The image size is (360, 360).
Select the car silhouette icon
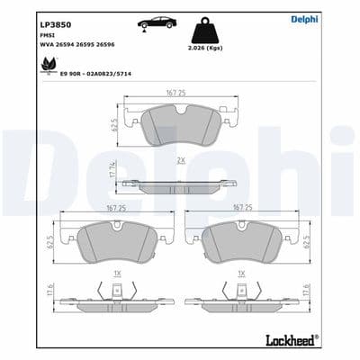157,23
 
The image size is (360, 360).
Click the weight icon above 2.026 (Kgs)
215,26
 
